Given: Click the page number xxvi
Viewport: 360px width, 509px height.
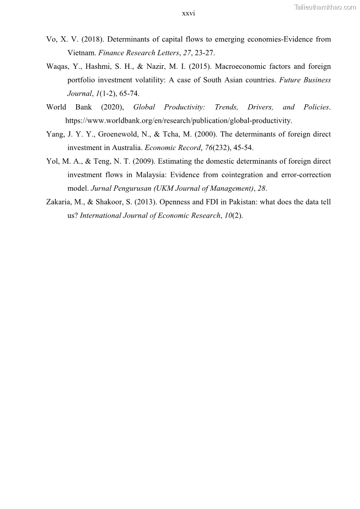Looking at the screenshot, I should click(x=188, y=14).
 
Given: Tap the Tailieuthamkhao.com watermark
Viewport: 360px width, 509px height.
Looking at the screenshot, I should click(x=325, y=7).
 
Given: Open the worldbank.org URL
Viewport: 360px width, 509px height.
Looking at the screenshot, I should click(x=179, y=121).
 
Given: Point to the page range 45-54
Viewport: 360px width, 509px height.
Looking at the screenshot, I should click(x=243, y=148).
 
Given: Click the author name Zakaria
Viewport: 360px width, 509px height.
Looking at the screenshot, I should click(x=60, y=202).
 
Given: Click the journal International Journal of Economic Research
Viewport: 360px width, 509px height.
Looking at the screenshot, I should click(x=150, y=216).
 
